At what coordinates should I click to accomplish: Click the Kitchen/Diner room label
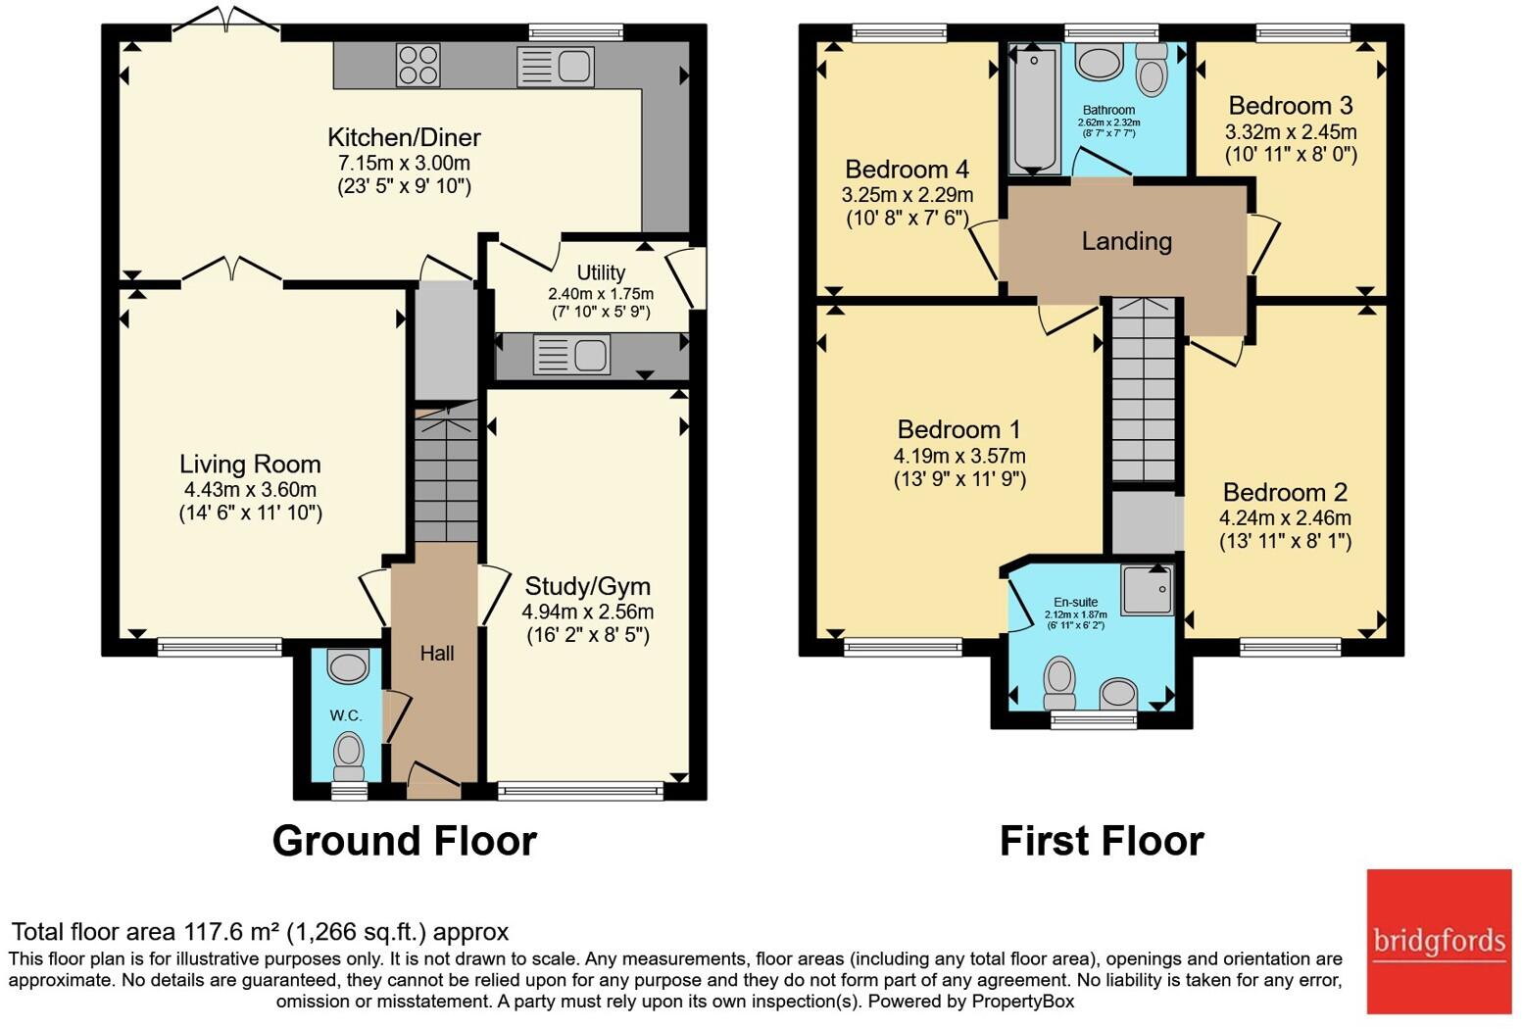tap(404, 137)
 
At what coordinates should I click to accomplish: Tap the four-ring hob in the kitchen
tap(417, 66)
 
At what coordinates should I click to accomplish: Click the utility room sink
tap(570, 355)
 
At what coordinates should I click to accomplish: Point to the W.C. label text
tap(346, 715)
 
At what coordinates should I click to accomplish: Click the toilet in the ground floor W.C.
tap(348, 757)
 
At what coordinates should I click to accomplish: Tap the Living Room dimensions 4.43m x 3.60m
tap(250, 489)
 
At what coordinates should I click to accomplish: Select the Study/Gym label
tap(587, 586)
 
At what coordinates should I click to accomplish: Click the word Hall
tap(437, 653)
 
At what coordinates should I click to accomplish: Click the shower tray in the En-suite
tap(1147, 590)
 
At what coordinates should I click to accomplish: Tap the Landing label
tap(1126, 241)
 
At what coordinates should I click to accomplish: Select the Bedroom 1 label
tap(958, 429)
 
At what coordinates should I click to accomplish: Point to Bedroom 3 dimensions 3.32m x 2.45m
tap(1291, 131)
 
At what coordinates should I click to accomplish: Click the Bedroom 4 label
tap(907, 170)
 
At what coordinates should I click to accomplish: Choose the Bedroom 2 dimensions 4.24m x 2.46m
tap(1285, 517)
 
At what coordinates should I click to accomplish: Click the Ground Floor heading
tap(404, 841)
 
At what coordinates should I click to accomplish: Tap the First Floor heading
tap(1101, 841)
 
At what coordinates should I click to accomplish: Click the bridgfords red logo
tap(1439, 941)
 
